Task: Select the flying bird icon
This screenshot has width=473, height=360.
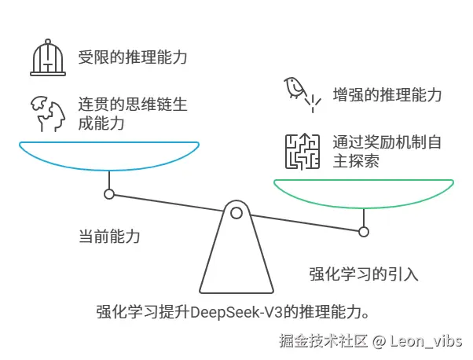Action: point(301,92)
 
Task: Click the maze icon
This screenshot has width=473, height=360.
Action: point(302,150)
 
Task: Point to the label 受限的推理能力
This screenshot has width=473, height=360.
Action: point(133,57)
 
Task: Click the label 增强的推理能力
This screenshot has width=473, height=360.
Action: point(387,95)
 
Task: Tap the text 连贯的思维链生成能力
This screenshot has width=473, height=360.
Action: point(132,114)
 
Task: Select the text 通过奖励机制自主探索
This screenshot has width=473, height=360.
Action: point(388,151)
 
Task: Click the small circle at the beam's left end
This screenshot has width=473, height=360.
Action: point(109,193)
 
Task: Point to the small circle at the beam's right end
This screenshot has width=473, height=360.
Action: point(364,231)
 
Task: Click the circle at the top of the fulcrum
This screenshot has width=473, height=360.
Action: point(236,211)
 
